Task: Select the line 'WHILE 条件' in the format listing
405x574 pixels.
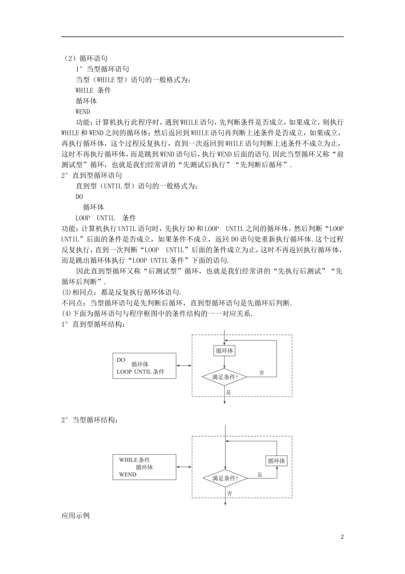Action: coord(93,90)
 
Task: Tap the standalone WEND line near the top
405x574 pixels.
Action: coord(83,111)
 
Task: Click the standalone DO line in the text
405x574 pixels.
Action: coord(79,197)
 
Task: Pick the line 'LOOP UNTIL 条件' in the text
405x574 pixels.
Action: coord(106,218)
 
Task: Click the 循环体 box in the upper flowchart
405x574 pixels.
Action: coord(224,351)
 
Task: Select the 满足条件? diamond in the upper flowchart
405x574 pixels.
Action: coord(224,377)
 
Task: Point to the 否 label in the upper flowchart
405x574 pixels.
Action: coord(262,373)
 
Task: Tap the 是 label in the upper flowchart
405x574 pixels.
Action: coord(228,392)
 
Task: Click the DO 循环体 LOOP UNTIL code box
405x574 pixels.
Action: coord(144,366)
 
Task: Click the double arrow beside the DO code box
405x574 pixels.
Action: coord(184,365)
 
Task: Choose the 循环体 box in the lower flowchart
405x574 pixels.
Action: coord(276,461)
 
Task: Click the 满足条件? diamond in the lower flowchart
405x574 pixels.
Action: coord(224,478)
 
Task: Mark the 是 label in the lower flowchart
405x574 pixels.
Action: coord(260,474)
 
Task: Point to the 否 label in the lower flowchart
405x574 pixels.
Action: coord(229,493)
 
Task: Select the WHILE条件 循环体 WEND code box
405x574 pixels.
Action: coord(144,467)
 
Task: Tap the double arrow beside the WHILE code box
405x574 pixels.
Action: coord(184,467)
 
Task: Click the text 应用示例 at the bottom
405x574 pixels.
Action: coord(75,515)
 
